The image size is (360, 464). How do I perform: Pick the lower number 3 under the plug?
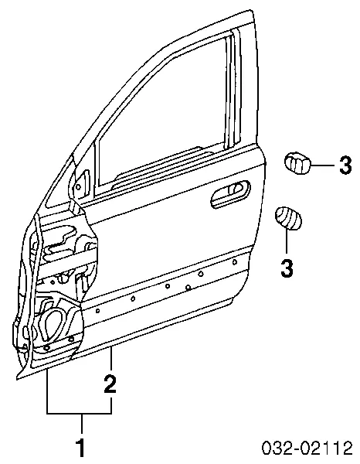286,268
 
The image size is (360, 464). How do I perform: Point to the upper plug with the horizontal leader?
297,164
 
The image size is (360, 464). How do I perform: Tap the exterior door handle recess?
229,193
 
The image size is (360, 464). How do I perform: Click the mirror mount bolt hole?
78,186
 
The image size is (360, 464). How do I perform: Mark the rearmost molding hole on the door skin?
235,261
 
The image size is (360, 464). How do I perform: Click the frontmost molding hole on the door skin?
97,311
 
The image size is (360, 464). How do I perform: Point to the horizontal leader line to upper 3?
322,164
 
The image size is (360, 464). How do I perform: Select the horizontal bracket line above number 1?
79,413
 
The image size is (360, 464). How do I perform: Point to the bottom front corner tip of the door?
17,379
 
